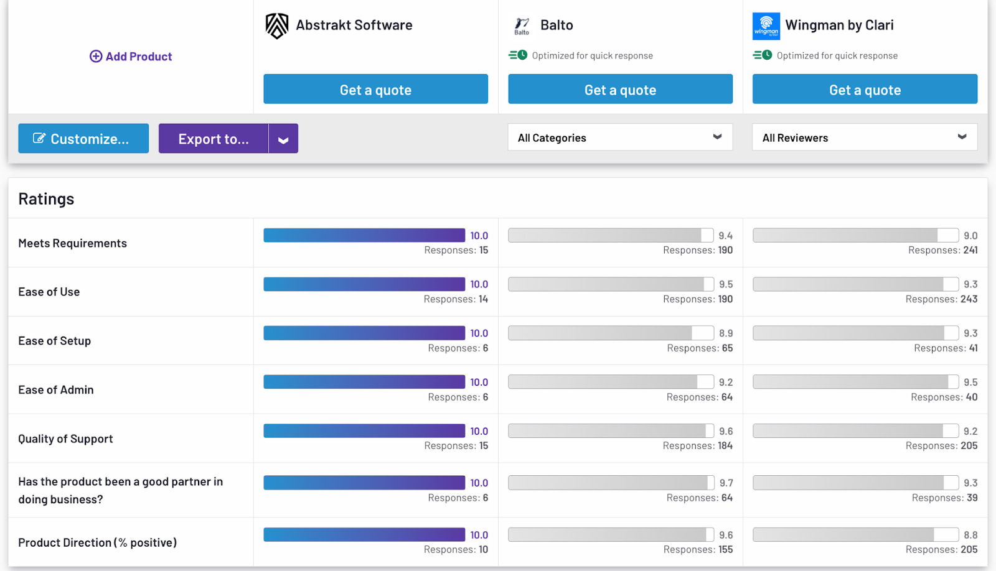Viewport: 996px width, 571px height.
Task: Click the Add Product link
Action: (131, 57)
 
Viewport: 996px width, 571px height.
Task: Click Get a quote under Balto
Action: (620, 90)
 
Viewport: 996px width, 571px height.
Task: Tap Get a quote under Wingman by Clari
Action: (865, 90)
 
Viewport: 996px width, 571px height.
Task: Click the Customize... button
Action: (83, 139)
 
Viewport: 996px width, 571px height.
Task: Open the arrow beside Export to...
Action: (283, 139)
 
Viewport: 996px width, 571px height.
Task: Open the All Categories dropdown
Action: (620, 137)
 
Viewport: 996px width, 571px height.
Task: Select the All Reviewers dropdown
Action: (865, 137)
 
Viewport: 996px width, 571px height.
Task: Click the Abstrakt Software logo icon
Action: (277, 26)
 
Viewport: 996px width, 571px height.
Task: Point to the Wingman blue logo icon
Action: (766, 26)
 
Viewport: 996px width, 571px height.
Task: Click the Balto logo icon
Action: (522, 26)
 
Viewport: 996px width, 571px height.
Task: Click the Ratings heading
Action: (46, 199)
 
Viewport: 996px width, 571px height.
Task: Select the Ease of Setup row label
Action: (55, 341)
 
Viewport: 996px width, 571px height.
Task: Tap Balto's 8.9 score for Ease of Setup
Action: (726, 333)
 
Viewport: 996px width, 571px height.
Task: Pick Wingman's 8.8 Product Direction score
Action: (970, 535)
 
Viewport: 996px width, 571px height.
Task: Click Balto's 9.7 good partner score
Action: (726, 483)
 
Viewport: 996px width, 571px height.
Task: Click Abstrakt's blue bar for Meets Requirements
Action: (364, 235)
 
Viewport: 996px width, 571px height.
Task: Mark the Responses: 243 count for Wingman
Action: (941, 299)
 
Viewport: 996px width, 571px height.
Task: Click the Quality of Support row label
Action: (66, 439)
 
